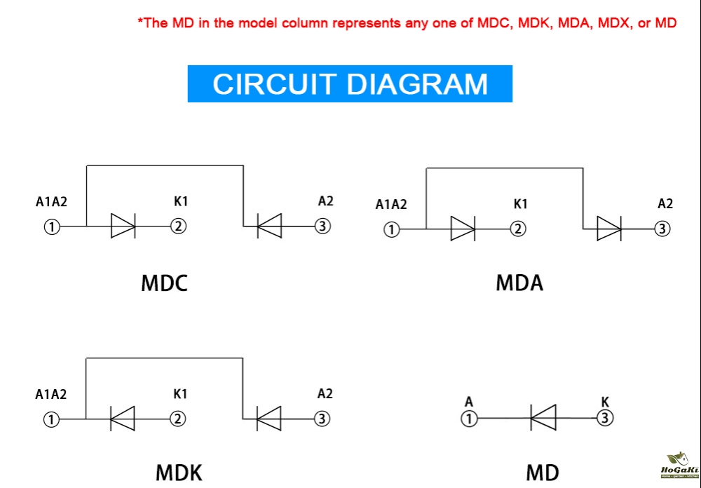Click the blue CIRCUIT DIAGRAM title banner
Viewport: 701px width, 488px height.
click(350, 83)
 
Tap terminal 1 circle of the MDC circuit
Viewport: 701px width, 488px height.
click(52, 226)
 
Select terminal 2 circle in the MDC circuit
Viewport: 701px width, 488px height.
click(179, 226)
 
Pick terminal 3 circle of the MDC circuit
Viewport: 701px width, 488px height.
click(322, 226)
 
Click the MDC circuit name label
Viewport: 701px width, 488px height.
click(165, 283)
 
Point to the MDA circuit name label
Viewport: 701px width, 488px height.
click(519, 283)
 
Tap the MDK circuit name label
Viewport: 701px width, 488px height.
click(179, 473)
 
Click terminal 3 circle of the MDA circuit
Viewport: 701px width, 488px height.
click(662, 229)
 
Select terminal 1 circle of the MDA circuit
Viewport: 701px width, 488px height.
click(392, 229)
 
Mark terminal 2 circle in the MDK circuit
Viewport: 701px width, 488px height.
click(179, 419)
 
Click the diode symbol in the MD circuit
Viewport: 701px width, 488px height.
click(543, 418)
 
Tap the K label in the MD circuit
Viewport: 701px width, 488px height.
click(605, 402)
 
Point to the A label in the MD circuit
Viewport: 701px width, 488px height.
click(469, 402)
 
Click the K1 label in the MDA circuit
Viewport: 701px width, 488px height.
click(520, 205)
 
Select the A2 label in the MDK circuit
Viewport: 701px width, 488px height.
click(325, 394)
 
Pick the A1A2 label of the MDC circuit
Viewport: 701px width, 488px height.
click(51, 203)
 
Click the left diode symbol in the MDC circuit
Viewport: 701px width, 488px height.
click(123, 226)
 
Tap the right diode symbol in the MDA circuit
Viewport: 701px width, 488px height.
click(608, 229)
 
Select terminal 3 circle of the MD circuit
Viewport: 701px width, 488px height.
click(606, 419)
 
